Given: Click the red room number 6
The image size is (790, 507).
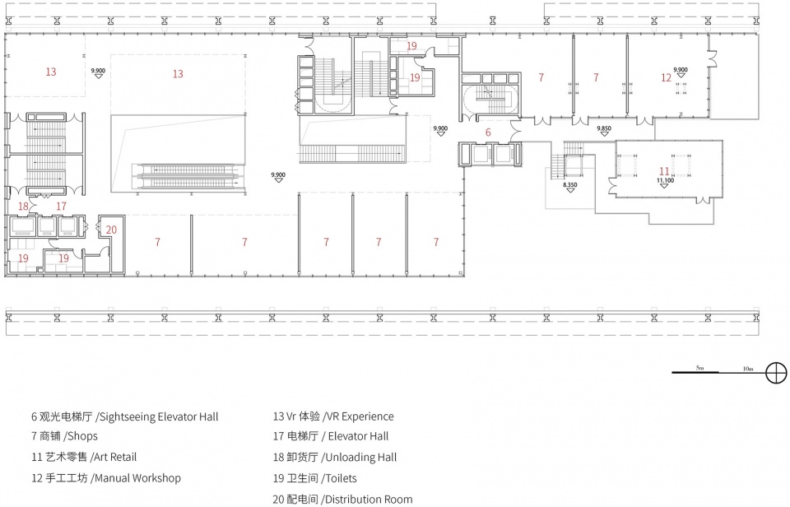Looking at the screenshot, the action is tap(488, 133).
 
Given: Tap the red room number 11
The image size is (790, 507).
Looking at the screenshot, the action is tap(665, 171).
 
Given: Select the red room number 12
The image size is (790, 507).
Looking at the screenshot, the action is tap(666, 77).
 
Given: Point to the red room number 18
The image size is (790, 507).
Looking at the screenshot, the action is tap(23, 206).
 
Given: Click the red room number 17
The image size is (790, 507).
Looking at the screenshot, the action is tap(61, 206).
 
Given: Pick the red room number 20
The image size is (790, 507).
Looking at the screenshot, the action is tap(111, 230).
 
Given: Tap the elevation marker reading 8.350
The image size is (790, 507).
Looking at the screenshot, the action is tap(569, 187).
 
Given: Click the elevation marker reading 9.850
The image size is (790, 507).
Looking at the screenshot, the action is tap(603, 131).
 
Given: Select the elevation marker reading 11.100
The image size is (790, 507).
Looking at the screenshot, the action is tap(665, 183).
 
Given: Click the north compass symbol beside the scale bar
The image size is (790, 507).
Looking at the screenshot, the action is tap(776, 373).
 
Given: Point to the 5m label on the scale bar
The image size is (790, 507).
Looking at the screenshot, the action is tap(699, 368).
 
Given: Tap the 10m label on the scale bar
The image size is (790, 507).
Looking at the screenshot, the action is tap(748, 369).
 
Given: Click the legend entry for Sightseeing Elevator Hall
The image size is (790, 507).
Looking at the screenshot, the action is tap(124, 416).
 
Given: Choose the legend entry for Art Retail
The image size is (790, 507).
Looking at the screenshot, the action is tap(84, 457).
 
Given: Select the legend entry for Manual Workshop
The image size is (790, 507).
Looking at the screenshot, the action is tap(106, 477).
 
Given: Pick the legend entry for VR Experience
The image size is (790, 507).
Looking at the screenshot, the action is tap(333, 416).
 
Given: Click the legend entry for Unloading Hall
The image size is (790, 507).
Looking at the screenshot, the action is tap(335, 457).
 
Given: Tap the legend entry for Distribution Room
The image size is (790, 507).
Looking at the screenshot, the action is tap(342, 500).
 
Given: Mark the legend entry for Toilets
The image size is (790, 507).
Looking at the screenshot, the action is tap(314, 478).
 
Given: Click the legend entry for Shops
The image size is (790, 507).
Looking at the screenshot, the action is tap(64, 436).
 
